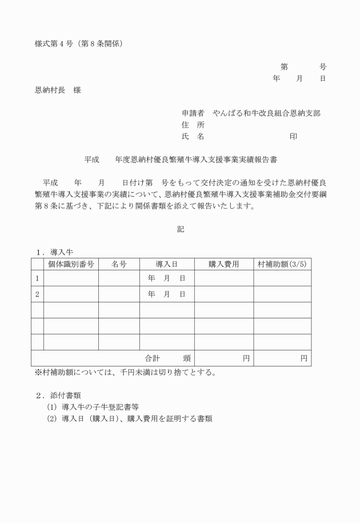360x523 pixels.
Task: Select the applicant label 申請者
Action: [193, 113]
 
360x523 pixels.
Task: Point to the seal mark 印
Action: [293, 136]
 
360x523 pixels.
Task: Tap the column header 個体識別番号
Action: [71, 264]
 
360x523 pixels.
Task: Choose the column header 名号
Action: [119, 264]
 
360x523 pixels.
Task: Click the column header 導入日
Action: [167, 264]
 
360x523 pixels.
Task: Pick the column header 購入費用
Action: [223, 264]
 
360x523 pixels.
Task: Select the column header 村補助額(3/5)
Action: [282, 264]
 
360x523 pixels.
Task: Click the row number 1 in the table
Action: [37, 278]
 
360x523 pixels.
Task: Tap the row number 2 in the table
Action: [37, 294]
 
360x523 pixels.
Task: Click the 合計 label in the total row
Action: [153, 358]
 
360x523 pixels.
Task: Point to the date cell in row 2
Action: [167, 294]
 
